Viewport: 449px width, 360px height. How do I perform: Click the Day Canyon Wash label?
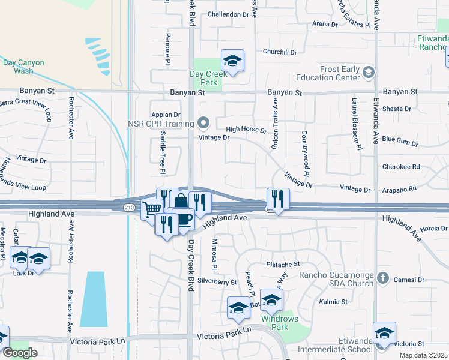click(18, 66)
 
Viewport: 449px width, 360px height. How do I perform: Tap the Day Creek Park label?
click(202, 78)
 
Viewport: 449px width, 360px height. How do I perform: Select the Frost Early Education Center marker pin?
click(369, 73)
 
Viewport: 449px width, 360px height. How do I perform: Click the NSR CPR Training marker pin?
click(203, 124)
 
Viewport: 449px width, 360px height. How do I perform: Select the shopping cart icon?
click(152, 208)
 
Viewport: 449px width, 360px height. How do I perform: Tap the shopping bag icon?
click(180, 202)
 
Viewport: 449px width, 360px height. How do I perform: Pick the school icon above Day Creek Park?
click(232, 60)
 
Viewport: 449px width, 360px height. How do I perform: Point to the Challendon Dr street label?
click(228, 14)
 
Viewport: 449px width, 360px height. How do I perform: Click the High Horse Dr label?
click(246, 129)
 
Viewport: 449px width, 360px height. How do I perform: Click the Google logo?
click(20, 353)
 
